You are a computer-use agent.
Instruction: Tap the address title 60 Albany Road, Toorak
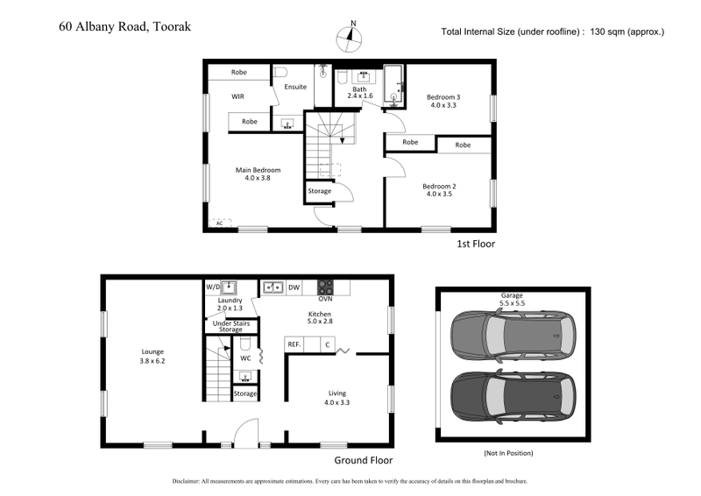coord(124,26)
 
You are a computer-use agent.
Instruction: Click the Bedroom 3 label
coord(443,100)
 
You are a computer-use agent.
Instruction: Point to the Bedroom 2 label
coord(439,190)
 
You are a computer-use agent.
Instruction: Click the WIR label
coord(237,96)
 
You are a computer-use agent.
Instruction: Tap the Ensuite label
coord(296,87)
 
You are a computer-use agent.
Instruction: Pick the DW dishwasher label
coord(294,287)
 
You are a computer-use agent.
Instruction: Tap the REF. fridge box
coord(294,345)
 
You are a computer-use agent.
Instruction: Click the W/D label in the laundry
coord(212,287)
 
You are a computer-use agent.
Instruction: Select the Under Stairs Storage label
coord(230,327)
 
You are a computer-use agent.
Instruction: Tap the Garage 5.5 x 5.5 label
coord(511,300)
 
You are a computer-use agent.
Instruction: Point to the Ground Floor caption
coord(364,460)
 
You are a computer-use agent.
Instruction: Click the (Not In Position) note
coord(508,453)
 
